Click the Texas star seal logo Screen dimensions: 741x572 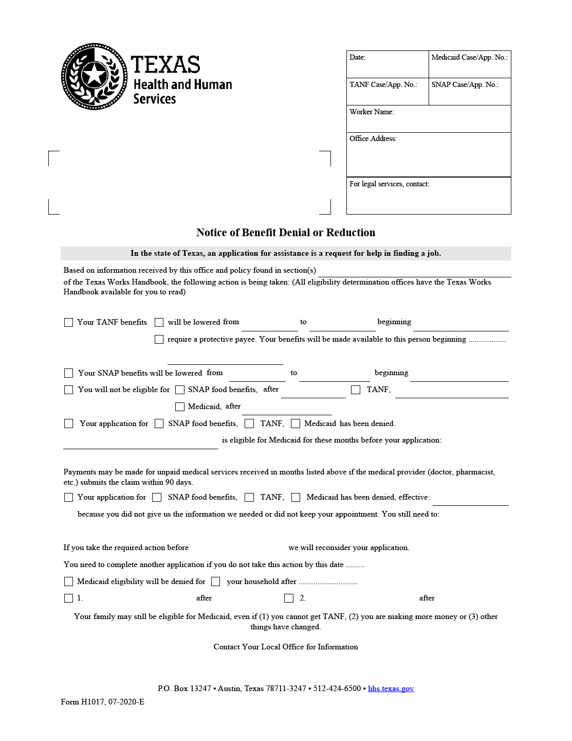[94, 76]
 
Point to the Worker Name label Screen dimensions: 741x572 [372, 112]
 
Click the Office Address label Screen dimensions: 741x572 [373, 138]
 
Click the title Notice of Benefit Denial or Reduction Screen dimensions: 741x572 [286, 233]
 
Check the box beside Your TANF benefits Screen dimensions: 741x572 [68, 322]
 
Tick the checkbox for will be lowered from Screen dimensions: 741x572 [159, 322]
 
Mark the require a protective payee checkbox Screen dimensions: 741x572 [159, 339]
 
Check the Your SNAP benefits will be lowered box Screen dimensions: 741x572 [68, 373]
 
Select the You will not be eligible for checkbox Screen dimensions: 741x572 [68, 390]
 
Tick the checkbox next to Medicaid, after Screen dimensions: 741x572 [180, 407]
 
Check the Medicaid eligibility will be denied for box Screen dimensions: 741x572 [68, 581]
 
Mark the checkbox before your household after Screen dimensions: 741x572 [216, 581]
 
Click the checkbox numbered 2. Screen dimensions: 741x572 [289, 598]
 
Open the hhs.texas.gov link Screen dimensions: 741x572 [391, 689]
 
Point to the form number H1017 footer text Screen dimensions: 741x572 [103, 702]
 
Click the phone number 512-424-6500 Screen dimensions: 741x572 [337, 689]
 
